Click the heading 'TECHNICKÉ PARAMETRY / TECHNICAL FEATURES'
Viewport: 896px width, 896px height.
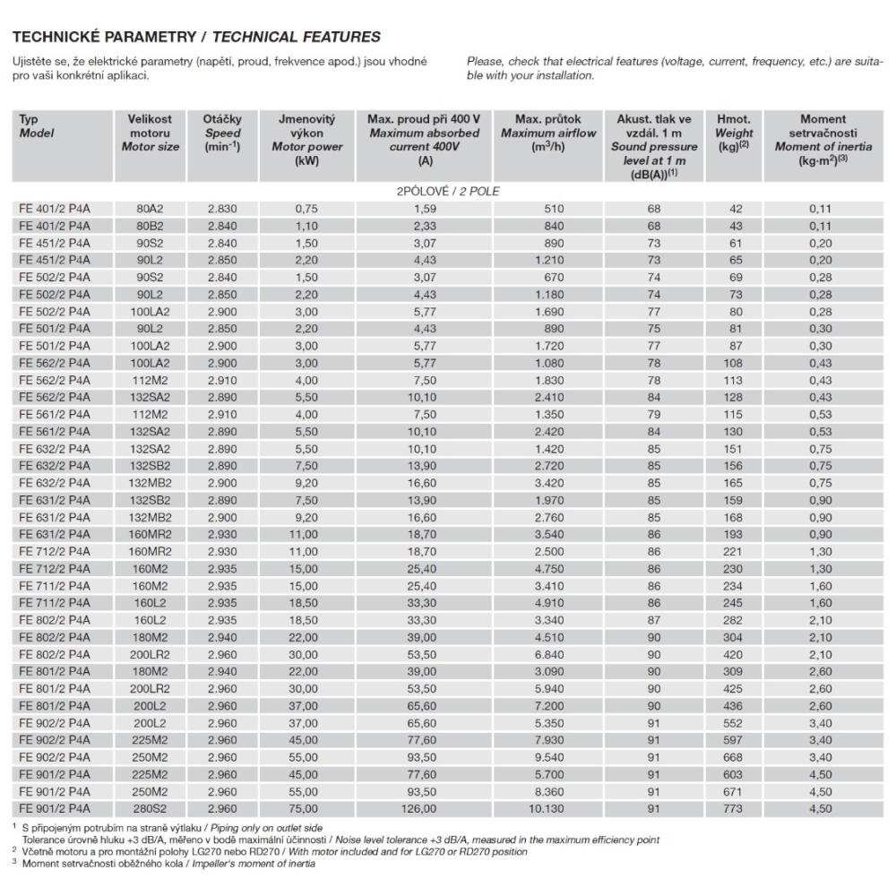(x=195, y=37)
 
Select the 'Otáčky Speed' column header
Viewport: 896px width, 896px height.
(x=221, y=133)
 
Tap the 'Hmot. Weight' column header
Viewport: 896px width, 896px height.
(x=734, y=133)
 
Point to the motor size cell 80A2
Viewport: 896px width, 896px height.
(x=151, y=209)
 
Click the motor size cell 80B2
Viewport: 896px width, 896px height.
(x=151, y=226)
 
